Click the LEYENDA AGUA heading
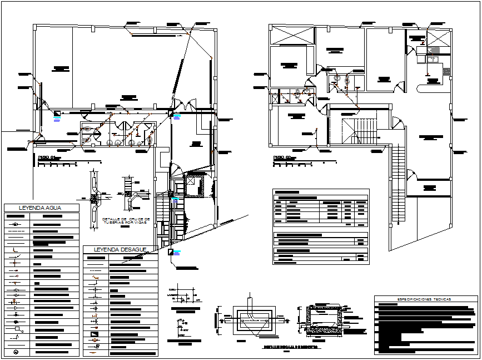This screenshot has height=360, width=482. [x=41, y=208]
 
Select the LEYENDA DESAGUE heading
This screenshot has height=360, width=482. [x=120, y=249]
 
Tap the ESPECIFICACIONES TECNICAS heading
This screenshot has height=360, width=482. [x=423, y=299]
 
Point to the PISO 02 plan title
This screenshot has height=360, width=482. [x=283, y=157]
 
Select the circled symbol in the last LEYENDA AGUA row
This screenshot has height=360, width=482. [x=16, y=351]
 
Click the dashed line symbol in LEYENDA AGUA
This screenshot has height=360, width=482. [x=17, y=230]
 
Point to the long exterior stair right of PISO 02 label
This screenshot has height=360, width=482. [x=396, y=184]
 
